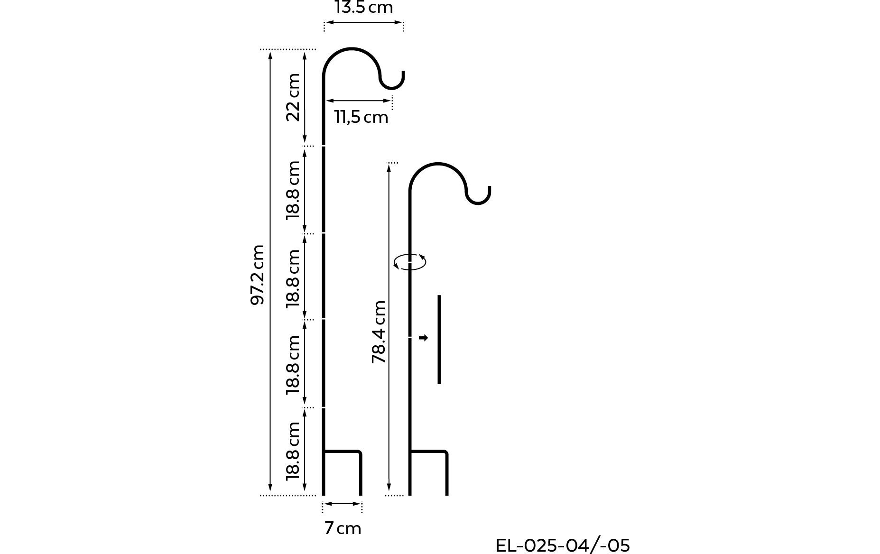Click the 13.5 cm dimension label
click(x=363, y=7)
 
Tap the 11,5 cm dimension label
click(x=361, y=117)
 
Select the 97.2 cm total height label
click(x=257, y=275)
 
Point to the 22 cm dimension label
click(x=294, y=97)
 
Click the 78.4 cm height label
click(x=379, y=332)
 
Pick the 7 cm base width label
click(x=343, y=528)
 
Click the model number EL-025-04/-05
click(x=563, y=545)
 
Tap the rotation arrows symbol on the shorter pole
click(x=410, y=262)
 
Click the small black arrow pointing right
click(x=423, y=338)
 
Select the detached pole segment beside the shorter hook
click(x=439, y=340)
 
